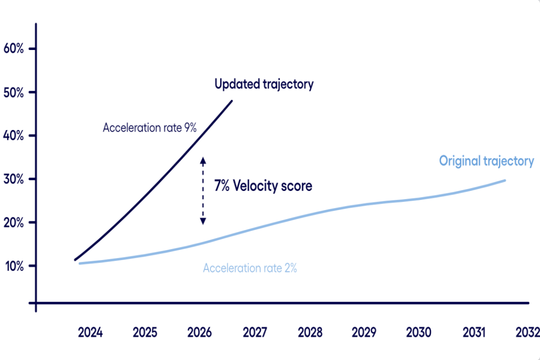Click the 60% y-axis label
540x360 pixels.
coord(13,49)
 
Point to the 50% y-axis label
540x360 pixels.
coord(13,92)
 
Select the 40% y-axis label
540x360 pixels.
coord(13,135)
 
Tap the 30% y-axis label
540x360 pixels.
coord(13,179)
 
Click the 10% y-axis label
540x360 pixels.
coord(13,265)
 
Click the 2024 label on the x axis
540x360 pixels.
coord(90,332)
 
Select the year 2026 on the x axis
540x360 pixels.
coord(200,332)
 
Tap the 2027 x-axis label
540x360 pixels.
coord(255,332)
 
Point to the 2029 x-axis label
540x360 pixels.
coord(364,332)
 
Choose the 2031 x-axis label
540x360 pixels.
coord(474,332)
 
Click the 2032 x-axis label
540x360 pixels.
coord(527,332)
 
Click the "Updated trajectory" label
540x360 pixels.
coord(264,84)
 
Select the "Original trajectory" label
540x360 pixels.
coord(486,161)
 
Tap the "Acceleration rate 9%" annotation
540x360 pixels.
coord(149,128)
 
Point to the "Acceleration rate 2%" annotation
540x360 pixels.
coord(250,268)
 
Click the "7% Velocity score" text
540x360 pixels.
coord(263,186)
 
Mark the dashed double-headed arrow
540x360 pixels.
coord(203,190)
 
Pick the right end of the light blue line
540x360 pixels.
coord(504,180)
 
